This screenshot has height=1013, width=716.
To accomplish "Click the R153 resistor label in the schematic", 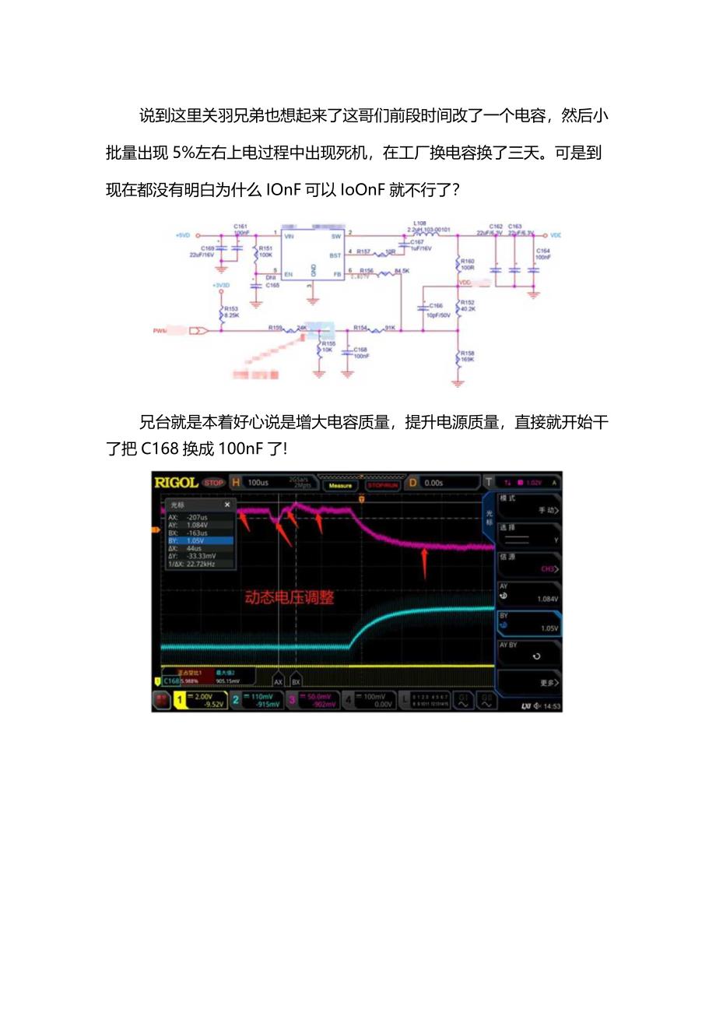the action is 231,309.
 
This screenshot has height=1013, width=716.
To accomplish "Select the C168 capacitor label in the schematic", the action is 360,350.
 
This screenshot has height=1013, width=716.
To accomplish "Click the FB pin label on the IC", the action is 337,274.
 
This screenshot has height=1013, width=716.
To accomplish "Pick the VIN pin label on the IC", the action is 289,235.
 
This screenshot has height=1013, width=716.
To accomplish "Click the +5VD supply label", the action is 182,235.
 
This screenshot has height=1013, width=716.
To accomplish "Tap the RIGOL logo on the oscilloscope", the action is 176,483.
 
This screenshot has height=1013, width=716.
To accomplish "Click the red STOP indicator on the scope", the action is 213,483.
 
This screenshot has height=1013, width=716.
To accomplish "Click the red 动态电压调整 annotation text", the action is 290,597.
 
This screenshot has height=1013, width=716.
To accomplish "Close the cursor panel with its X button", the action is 227,505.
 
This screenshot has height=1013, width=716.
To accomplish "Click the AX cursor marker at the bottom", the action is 279,681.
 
